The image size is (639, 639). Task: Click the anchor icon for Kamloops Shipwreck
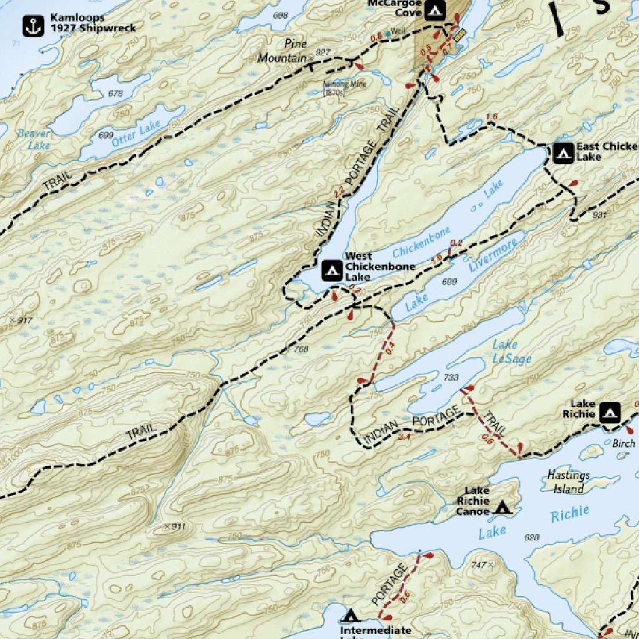click(x=32, y=24)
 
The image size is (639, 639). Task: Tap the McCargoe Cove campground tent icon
click(x=435, y=10)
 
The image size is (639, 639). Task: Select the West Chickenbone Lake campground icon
click(x=331, y=270)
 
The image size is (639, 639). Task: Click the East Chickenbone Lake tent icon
click(x=563, y=152)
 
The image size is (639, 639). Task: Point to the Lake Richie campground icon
click(x=609, y=412)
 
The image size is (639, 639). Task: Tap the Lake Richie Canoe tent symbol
click(x=502, y=508)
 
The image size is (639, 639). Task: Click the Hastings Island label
click(x=568, y=481)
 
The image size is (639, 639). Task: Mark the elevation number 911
click(x=177, y=526)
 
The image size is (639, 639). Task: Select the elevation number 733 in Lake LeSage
click(x=451, y=378)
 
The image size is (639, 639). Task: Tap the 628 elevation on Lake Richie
click(x=532, y=537)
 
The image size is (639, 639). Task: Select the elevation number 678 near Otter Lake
click(x=115, y=94)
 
